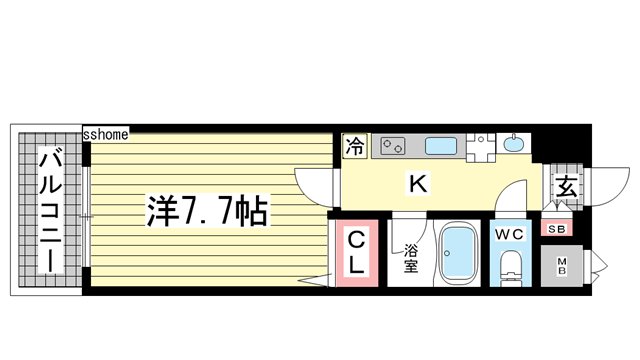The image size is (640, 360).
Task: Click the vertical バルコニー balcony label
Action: [x=47, y=211]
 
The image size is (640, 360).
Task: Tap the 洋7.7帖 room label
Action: [x=207, y=211]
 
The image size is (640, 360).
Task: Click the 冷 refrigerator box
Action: [x=355, y=146]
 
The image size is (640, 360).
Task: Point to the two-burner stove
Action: [x=391, y=146]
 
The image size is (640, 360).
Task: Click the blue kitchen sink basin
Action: [x=439, y=146]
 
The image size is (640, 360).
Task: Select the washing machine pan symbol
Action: [x=479, y=146]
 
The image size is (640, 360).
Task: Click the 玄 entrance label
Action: [x=565, y=187]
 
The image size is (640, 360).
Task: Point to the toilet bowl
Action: [x=511, y=267]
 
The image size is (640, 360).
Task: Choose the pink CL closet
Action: [x=355, y=252]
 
